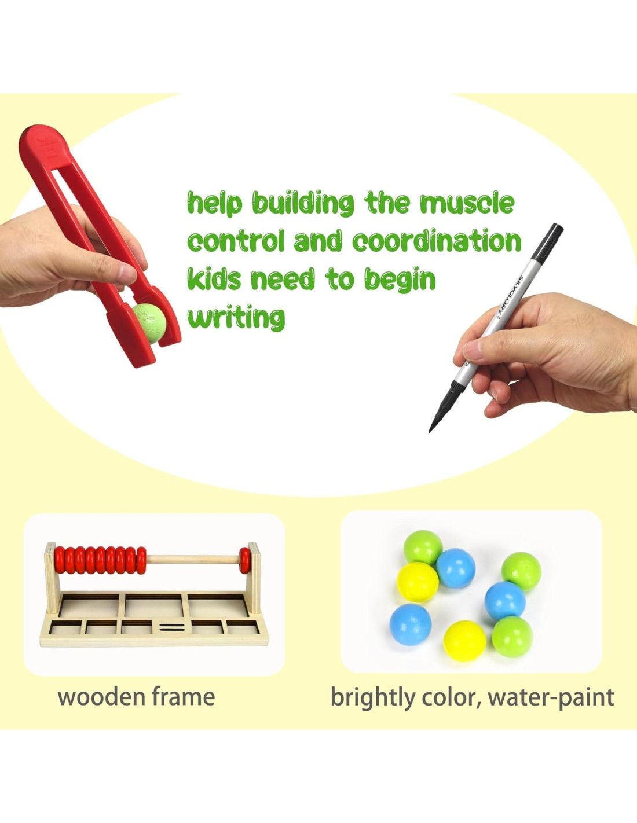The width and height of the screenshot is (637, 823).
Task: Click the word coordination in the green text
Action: pyautogui.click(x=437, y=241)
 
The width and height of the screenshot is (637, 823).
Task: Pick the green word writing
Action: pyautogui.click(x=236, y=317)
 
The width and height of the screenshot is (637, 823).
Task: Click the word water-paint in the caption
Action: pyautogui.click(x=551, y=697)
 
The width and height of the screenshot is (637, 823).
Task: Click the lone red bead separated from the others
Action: pyautogui.click(x=245, y=560)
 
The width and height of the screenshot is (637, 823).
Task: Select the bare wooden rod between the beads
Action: pyautogui.click(x=193, y=560)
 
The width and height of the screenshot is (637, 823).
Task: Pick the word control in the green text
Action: pyautogui.click(x=236, y=241)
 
